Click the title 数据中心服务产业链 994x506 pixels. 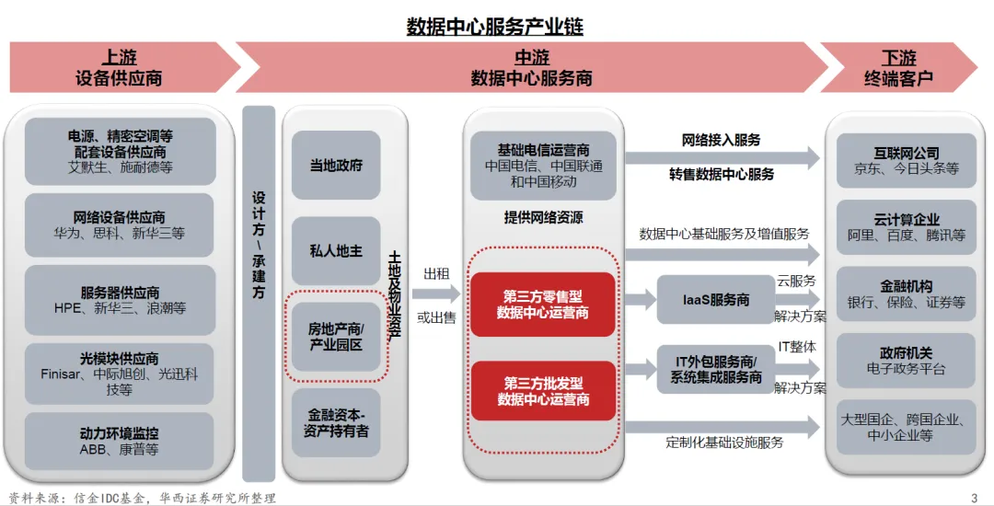coord(495,27)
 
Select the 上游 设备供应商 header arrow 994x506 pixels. coord(120,68)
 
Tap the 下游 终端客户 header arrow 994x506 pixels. coord(897,68)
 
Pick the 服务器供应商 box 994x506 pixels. coord(120,300)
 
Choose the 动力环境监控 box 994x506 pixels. coord(120,442)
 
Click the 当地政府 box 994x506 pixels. coord(336,166)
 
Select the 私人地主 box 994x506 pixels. coord(336,250)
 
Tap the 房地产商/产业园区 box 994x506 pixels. coord(336,337)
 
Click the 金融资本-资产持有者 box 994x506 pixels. coord(336,422)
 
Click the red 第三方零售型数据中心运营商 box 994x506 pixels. coord(543,305)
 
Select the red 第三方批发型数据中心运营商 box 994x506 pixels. coord(543,391)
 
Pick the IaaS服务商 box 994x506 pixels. coord(715,300)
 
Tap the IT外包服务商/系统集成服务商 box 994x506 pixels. coord(715,369)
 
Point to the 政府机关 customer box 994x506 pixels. coord(907,361)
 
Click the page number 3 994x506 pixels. coord(974,498)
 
